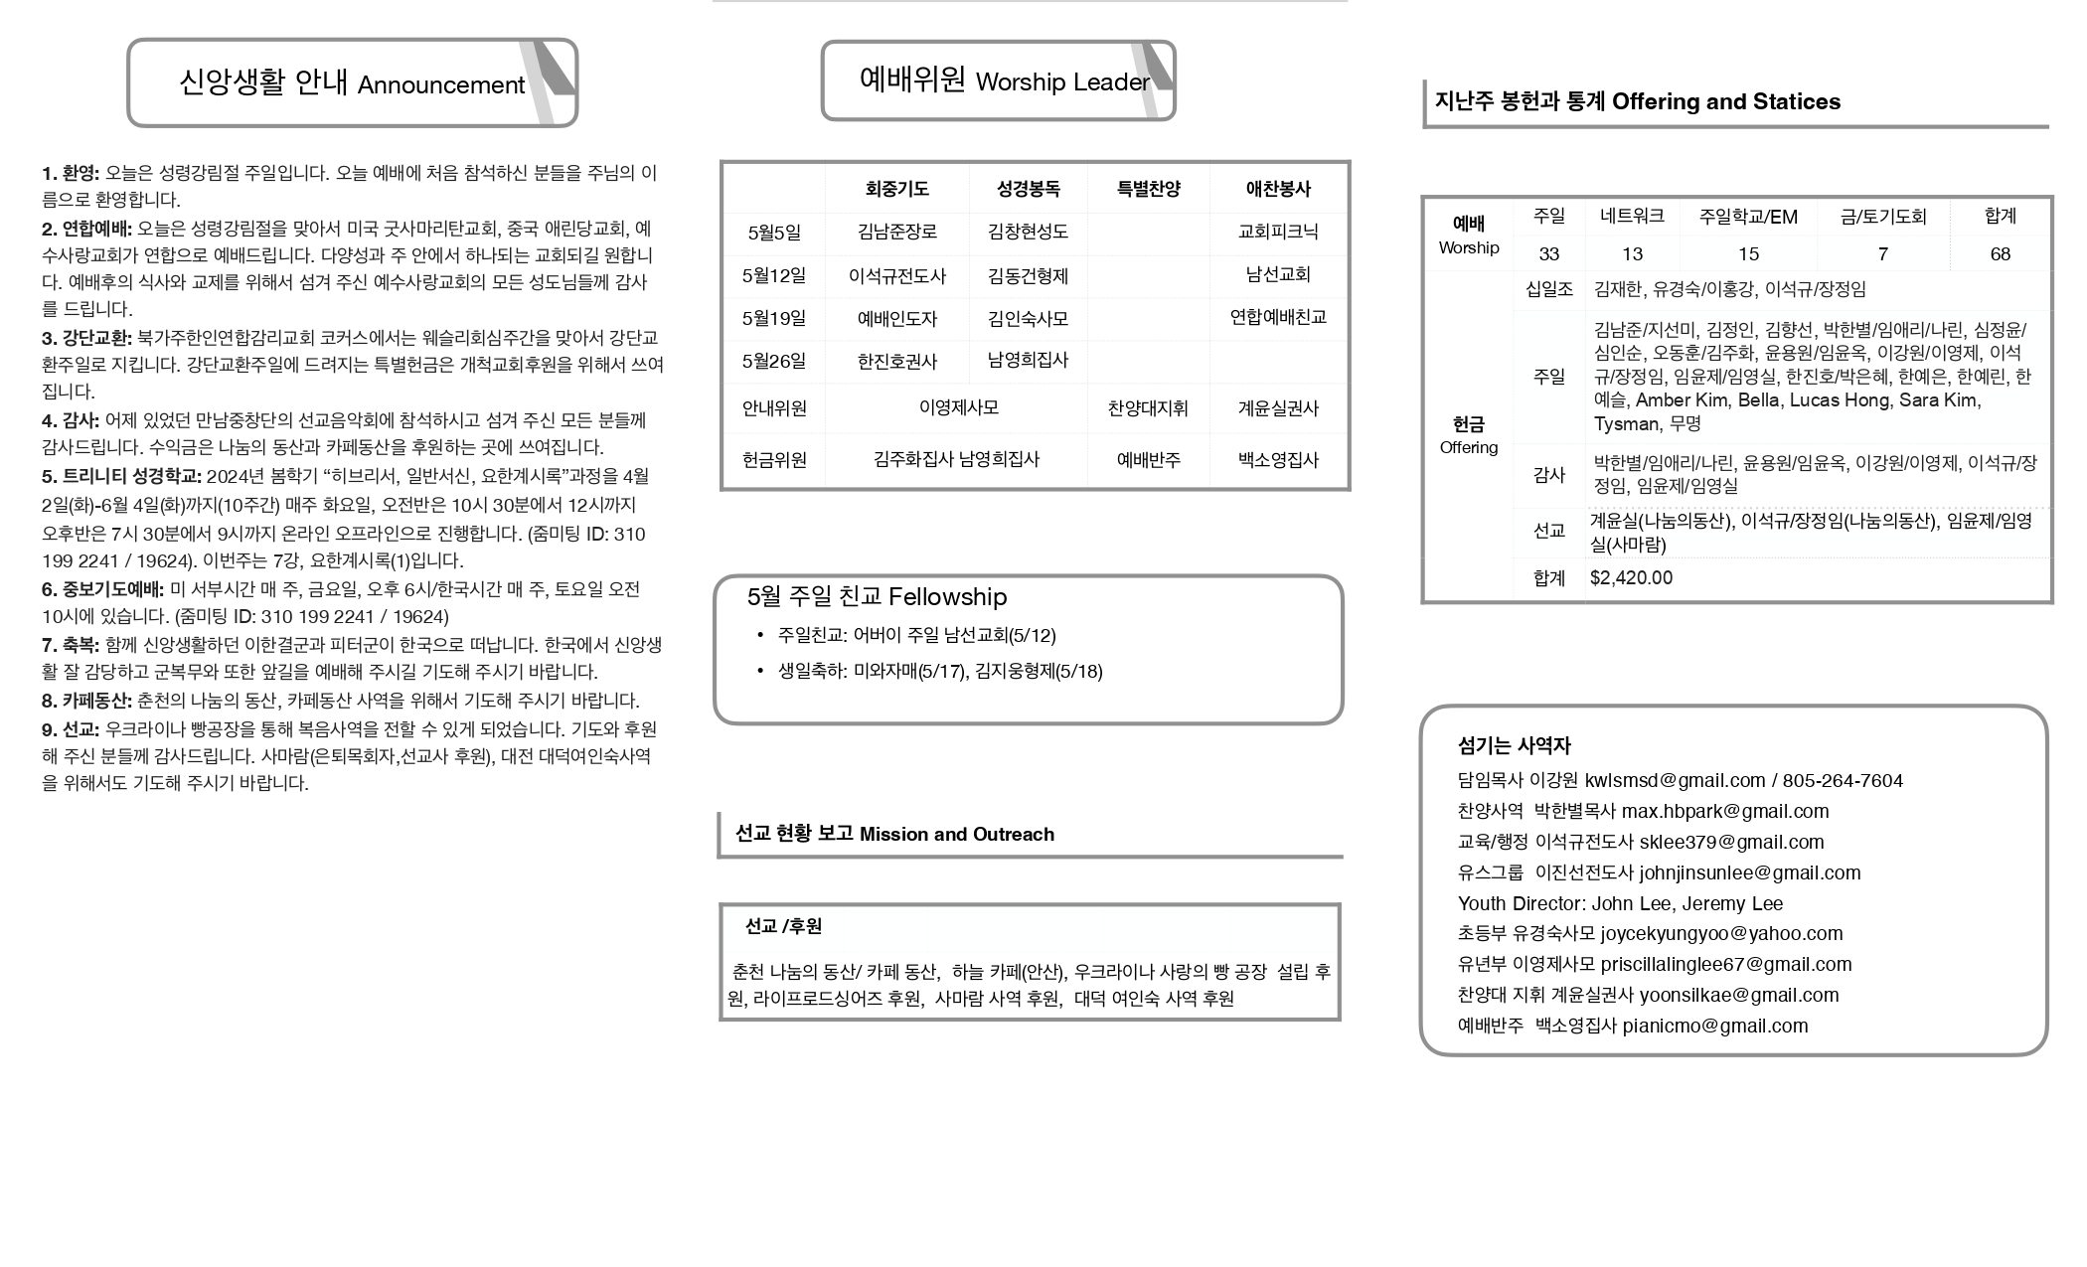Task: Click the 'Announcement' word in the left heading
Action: coord(440,85)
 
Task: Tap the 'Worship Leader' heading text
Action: coord(1061,82)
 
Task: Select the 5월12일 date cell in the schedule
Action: coord(773,275)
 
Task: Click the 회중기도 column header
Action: coord(896,189)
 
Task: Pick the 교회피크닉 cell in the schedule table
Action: coord(1277,232)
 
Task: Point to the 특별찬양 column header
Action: coord(1148,189)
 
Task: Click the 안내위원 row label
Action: coord(773,408)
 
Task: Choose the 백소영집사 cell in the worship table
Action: coord(1277,460)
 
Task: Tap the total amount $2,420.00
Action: coord(1631,578)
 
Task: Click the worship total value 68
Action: coord(2000,254)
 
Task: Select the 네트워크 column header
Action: coord(1632,216)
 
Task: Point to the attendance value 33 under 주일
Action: coord(1548,254)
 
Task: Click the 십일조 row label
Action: coord(1548,289)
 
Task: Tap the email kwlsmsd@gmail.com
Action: coord(1675,781)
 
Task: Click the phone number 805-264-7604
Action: coord(1843,781)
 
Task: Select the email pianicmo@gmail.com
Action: coord(1714,1027)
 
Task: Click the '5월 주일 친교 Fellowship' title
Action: coord(877,597)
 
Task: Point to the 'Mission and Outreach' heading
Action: coord(956,835)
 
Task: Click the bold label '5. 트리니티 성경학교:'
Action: coord(121,477)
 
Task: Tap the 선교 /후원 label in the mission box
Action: coord(783,927)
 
